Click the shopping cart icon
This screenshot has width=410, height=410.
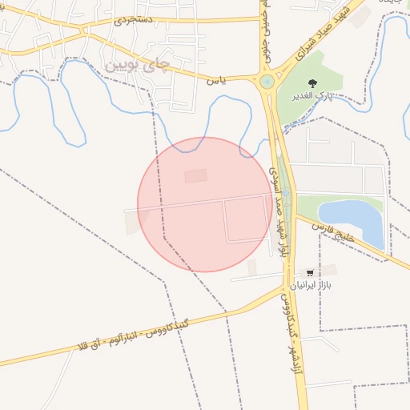click(309, 273)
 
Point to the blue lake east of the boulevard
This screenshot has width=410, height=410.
click(351, 216)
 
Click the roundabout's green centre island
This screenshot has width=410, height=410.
click(267, 81)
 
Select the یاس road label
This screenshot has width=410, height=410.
click(213, 80)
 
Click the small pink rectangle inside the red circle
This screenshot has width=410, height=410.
click(195, 175)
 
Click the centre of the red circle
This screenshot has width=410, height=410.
click(204, 204)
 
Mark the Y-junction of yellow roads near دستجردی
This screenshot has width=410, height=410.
click(83, 30)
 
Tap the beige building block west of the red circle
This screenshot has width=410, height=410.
click(132, 223)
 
